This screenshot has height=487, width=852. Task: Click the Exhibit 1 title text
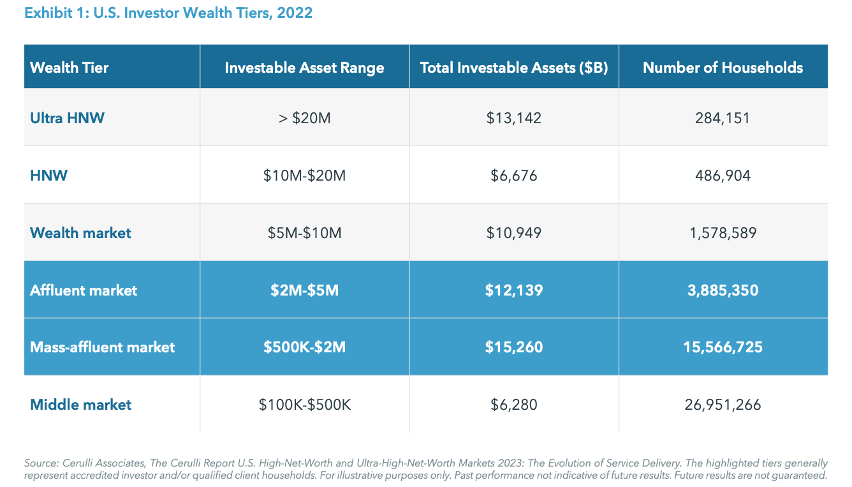coord(168,13)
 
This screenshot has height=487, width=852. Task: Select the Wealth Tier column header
coord(70,67)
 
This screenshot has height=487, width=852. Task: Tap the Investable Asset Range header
coord(304,67)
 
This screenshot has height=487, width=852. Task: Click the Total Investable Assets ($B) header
coord(514,67)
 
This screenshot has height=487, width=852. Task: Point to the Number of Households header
coord(723,67)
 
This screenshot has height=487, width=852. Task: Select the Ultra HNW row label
coord(67,118)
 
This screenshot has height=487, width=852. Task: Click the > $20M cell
coord(304,118)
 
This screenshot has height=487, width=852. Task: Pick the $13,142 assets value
coord(514,118)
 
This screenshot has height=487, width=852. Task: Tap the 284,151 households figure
coord(723,118)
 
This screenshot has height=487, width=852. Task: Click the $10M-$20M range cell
coord(304,176)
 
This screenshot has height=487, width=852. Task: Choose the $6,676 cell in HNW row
coord(514,176)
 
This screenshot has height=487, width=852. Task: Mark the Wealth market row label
coord(80,233)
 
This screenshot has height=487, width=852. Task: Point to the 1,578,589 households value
coord(723,233)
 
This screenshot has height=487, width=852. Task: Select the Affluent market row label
coord(84,290)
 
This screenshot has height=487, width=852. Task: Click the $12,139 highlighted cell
coord(514,290)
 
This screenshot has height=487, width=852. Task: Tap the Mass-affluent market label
coord(102,347)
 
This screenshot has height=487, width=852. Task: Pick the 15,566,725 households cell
coord(723,347)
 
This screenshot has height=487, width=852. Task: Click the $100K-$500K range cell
coord(304,405)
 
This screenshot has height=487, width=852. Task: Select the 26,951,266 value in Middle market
coord(723,405)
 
